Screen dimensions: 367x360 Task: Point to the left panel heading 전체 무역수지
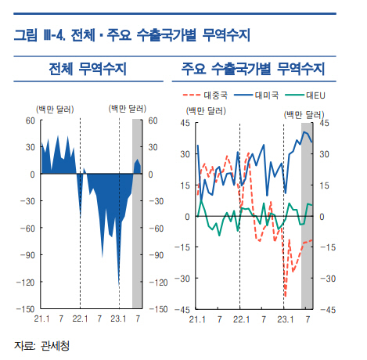tap(88, 69)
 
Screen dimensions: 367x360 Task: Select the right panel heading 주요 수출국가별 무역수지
tap(253, 69)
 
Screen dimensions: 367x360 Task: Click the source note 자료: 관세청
tap(41, 346)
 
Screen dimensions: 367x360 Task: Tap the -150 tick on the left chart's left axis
tap(26, 309)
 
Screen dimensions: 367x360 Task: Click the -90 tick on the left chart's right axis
tap(157, 255)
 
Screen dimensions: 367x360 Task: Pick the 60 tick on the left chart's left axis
tap(31, 121)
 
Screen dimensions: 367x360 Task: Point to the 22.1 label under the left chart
tap(80, 319)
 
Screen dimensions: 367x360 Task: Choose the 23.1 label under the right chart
tap(286, 319)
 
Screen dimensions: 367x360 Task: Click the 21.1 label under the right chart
tap(197, 319)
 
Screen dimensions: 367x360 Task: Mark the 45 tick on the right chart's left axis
tap(185, 123)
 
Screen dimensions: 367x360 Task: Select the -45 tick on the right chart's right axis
tap(328, 310)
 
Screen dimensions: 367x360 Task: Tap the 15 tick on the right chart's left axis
tap(185, 185)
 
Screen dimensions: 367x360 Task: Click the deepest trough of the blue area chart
tap(119, 286)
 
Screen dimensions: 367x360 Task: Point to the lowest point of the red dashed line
tap(286, 297)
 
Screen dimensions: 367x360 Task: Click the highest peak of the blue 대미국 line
tap(304, 131)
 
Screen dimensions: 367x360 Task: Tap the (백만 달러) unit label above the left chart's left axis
tap(55, 109)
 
